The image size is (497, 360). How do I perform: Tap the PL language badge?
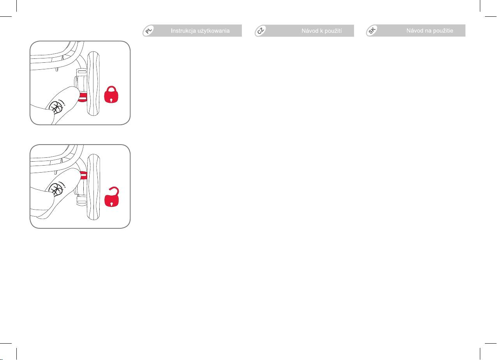pos(149,30)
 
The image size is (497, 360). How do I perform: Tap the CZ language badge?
pos(261,30)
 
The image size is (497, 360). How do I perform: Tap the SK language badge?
pos(372,30)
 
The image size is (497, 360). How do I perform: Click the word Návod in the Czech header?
pos(310,31)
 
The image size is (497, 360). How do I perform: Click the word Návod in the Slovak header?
pos(415,31)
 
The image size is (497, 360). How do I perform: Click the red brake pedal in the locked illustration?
pos(83,97)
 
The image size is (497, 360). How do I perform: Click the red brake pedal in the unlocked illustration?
pos(84,175)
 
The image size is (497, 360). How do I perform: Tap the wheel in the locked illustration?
pos(93,83)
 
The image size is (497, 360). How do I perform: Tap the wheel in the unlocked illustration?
pos(93,187)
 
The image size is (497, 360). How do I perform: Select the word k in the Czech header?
pos(321,31)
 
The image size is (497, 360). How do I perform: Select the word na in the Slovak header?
pos(428,31)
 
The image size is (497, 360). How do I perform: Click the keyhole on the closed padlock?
pos(111,100)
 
